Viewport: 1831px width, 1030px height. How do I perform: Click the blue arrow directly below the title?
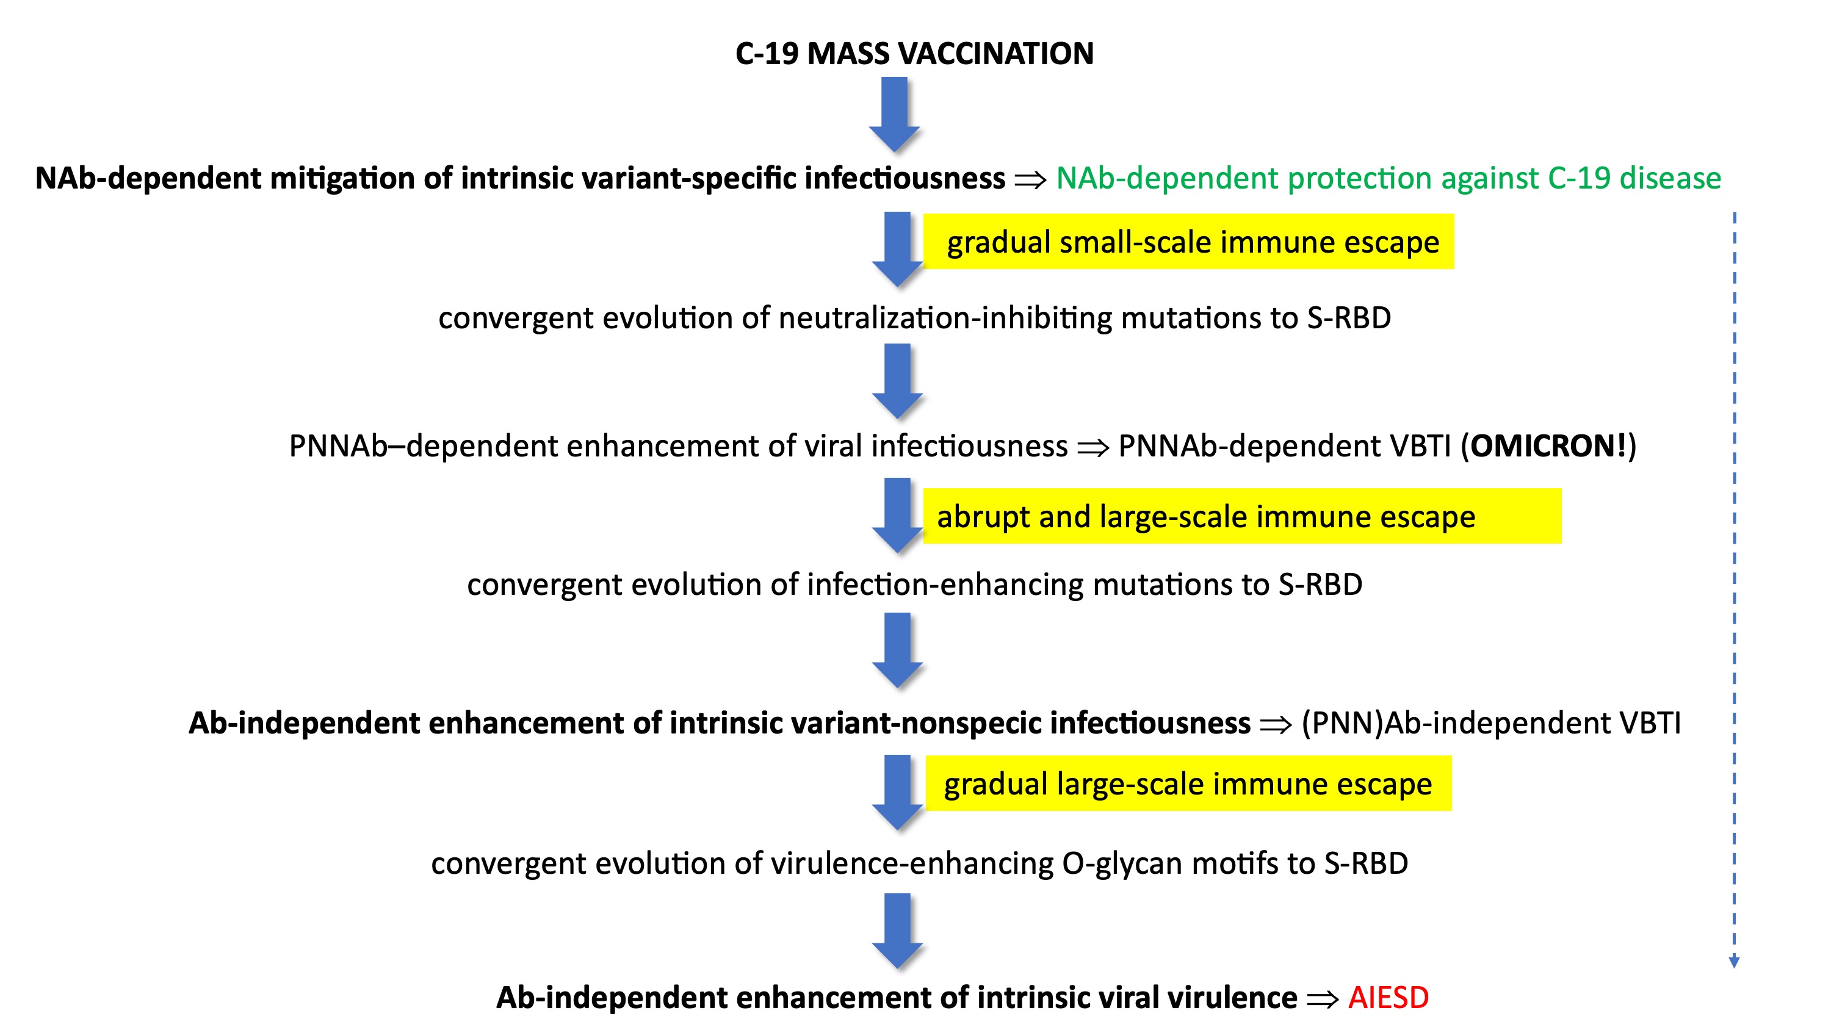tap(894, 113)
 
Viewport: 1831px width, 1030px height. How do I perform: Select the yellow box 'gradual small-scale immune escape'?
tap(1188, 242)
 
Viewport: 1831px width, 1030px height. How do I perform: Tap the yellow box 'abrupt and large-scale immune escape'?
tap(1242, 516)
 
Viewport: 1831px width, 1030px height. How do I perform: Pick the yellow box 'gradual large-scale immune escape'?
tap(1188, 783)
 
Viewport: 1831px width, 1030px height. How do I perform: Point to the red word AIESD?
tap(1388, 997)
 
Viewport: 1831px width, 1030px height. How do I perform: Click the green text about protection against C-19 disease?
tap(1388, 178)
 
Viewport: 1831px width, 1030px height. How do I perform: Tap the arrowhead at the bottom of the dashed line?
tap(1735, 962)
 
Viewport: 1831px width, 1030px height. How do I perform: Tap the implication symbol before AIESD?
tap(1323, 999)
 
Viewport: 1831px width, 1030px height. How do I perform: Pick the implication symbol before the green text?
tap(1031, 180)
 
